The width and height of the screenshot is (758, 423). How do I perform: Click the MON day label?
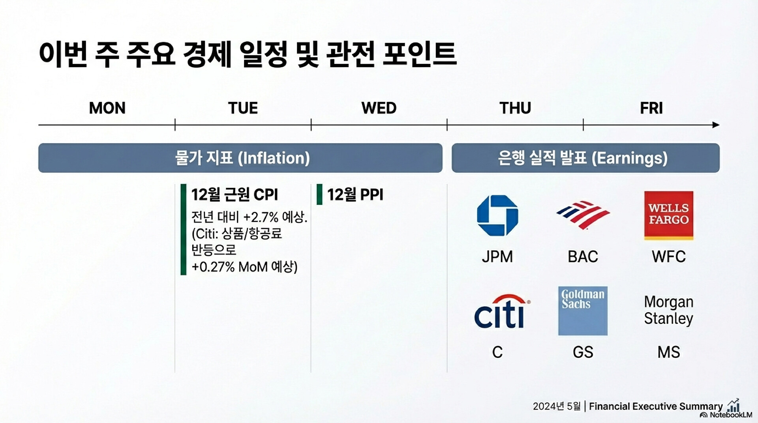[107, 108]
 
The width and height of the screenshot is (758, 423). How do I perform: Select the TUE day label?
[243, 108]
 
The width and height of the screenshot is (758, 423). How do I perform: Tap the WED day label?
[379, 108]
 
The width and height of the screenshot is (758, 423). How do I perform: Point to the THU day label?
[515, 108]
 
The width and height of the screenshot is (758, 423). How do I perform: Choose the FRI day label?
[651, 108]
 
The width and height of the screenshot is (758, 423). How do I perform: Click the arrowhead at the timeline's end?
[716, 125]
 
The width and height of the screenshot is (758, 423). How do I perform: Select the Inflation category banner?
[240, 158]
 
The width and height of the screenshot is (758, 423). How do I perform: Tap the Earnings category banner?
[585, 158]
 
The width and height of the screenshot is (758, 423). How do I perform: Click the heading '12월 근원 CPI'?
[235, 195]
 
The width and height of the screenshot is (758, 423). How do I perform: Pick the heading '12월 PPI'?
[355, 195]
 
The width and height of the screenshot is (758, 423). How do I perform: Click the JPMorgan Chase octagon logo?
[497, 215]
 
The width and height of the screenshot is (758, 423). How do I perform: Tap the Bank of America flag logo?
[583, 215]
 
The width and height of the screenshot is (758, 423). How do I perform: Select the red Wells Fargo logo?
[669, 215]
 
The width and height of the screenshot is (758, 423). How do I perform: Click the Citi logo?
[501, 312]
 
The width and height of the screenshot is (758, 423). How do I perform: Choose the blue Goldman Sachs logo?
[583, 311]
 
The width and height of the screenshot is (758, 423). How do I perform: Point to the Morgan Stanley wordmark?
[669, 310]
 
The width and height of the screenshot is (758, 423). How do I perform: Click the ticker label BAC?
[583, 257]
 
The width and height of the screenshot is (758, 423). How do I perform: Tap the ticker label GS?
[583, 352]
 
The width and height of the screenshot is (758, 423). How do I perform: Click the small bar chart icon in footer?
[733, 405]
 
